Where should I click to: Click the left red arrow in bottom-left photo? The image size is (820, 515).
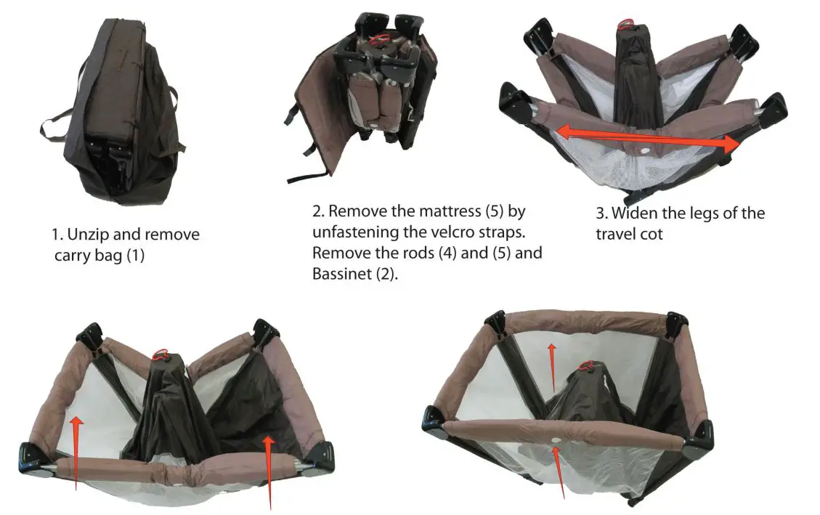click(76, 450)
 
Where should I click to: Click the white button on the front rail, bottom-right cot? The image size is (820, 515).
click(556, 441)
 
